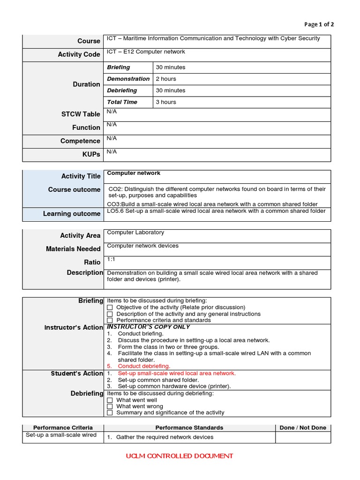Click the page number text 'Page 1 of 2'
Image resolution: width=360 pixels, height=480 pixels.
(319, 25)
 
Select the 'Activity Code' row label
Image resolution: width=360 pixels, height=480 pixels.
(79, 54)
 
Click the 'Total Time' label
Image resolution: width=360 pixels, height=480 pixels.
(122, 102)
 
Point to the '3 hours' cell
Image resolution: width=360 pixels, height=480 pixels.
(166, 102)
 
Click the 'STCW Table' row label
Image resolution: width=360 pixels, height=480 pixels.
(80, 114)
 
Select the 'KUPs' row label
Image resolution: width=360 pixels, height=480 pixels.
(91, 154)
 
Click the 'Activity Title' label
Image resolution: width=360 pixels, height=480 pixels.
(81, 176)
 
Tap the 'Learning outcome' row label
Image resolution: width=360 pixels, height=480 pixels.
(72, 214)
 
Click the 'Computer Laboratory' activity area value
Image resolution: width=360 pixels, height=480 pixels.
(135, 232)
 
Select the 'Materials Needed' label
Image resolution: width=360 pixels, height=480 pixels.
(73, 249)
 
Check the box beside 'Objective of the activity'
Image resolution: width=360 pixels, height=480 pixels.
(110, 307)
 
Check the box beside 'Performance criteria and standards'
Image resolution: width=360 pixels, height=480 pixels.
(110, 321)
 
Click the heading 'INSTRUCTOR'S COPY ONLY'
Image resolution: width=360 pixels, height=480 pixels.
(149, 327)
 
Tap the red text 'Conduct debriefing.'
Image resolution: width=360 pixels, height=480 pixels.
(144, 366)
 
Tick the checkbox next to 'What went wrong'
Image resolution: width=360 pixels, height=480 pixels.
(110, 406)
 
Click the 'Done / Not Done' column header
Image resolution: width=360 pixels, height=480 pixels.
(303, 427)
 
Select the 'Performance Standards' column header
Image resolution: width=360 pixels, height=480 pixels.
(189, 427)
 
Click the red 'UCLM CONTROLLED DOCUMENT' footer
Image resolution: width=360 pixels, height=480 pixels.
(179, 456)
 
